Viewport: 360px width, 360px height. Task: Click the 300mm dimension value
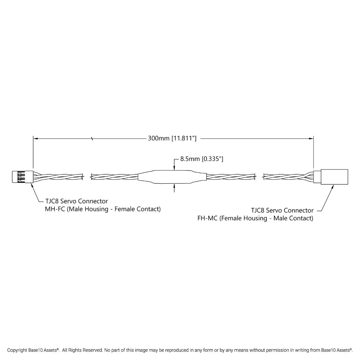click(x=159, y=138)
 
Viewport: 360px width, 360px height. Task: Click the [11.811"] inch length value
click(x=184, y=138)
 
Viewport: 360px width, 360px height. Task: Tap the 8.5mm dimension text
click(x=190, y=159)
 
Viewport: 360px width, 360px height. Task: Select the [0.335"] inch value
click(x=212, y=159)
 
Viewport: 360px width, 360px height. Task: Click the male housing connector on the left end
click(x=22, y=177)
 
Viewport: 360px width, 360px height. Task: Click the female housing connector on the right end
click(x=331, y=177)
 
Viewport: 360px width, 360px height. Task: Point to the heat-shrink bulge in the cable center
click(x=172, y=177)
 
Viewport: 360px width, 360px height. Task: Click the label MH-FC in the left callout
click(x=55, y=209)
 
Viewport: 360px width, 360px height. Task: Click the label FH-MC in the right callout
click(x=207, y=218)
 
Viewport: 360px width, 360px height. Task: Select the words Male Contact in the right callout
click(x=292, y=218)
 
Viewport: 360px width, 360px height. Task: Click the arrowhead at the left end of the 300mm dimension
click(x=36, y=139)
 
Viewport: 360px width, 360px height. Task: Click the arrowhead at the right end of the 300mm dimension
click(x=311, y=139)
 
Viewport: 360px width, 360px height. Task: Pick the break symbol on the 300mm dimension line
click(x=92, y=139)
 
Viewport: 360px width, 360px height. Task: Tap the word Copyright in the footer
click(x=17, y=350)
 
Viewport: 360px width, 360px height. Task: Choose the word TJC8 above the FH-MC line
click(x=258, y=210)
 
